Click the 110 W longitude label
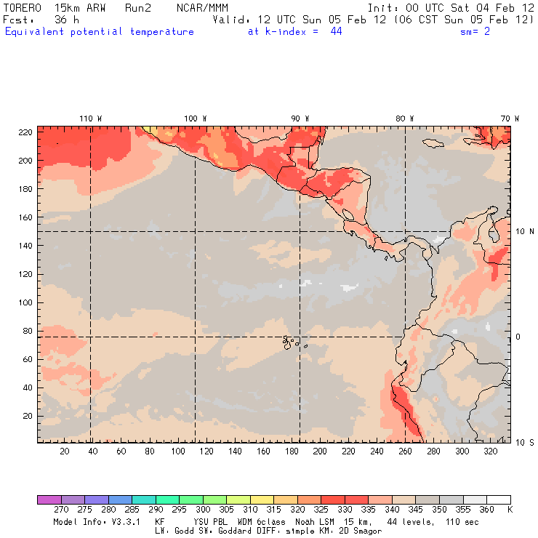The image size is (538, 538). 90,118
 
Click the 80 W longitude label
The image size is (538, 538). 405,118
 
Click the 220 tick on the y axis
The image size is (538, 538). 26,132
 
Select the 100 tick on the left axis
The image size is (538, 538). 26,302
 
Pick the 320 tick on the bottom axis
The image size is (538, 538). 491,451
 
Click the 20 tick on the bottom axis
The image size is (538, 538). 65,451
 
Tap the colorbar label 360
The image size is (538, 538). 486,510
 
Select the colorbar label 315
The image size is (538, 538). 273,510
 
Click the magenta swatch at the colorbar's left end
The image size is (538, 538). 49,499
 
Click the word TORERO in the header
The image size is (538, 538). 23,7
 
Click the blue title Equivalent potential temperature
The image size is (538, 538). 99,31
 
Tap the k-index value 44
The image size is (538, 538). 336,31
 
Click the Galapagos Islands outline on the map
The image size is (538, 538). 291,340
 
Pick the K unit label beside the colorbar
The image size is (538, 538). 510,510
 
